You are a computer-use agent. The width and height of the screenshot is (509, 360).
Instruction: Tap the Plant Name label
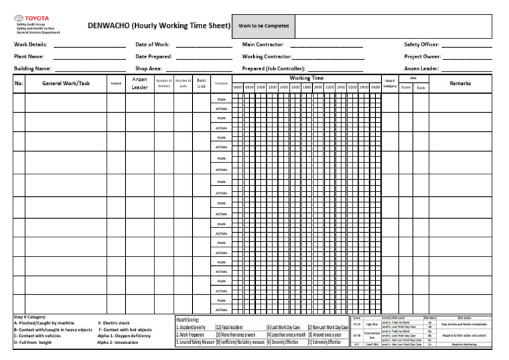(x=28, y=56)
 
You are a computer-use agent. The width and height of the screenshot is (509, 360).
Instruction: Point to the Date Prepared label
(x=153, y=56)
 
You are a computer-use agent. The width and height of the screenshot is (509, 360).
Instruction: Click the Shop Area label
(x=148, y=68)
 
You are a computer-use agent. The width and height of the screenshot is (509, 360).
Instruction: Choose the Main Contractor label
(x=263, y=44)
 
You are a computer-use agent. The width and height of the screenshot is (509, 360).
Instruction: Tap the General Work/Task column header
(x=66, y=83)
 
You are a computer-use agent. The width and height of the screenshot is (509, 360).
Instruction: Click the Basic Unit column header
(x=202, y=83)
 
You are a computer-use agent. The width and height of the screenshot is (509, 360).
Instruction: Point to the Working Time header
(x=306, y=78)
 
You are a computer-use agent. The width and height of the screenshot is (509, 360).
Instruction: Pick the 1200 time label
(x=272, y=87)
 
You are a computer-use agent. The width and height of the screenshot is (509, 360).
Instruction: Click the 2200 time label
(x=329, y=87)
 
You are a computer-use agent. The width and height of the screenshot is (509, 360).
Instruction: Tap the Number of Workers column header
(x=163, y=83)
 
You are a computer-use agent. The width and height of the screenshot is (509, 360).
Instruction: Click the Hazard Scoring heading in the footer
(x=188, y=320)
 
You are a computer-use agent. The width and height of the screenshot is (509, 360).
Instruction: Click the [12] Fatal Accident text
(x=229, y=328)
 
